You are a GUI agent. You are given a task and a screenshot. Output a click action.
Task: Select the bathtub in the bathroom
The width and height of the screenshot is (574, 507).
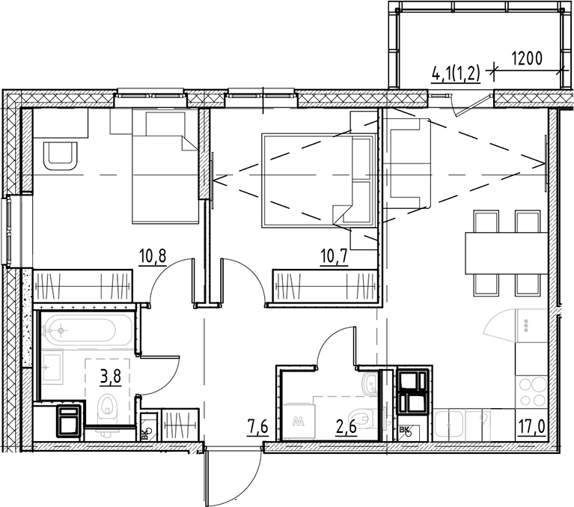[x=87, y=329]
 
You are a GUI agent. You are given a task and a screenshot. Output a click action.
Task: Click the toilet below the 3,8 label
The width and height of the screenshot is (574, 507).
[x=109, y=409]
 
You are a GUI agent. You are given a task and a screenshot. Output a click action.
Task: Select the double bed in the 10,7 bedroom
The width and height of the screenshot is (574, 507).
[x=317, y=180]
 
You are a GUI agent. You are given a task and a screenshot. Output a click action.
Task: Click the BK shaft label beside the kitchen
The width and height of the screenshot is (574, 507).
[x=405, y=430]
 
